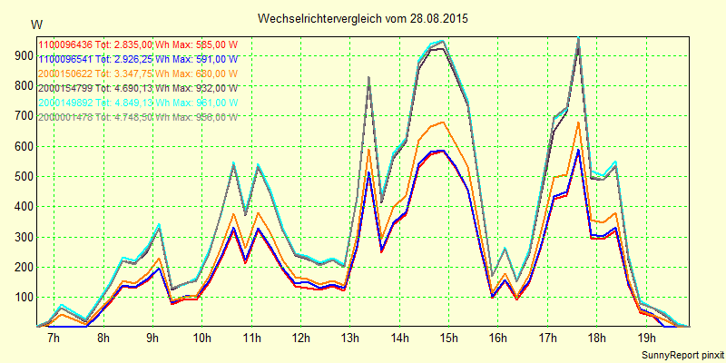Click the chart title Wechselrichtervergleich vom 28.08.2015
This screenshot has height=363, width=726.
363,18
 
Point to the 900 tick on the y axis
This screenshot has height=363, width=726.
21,55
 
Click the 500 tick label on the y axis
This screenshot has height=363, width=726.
21,176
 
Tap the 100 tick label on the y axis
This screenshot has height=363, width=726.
21,297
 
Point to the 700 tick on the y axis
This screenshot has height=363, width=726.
21,116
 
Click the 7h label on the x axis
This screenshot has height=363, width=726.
54,338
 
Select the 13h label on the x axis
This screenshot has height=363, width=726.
350,338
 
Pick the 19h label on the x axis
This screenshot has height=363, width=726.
647,338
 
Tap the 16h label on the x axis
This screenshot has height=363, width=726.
498,338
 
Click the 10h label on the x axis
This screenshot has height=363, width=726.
201,338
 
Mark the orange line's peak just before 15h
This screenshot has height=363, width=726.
442,122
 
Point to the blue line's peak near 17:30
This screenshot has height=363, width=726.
578,150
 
